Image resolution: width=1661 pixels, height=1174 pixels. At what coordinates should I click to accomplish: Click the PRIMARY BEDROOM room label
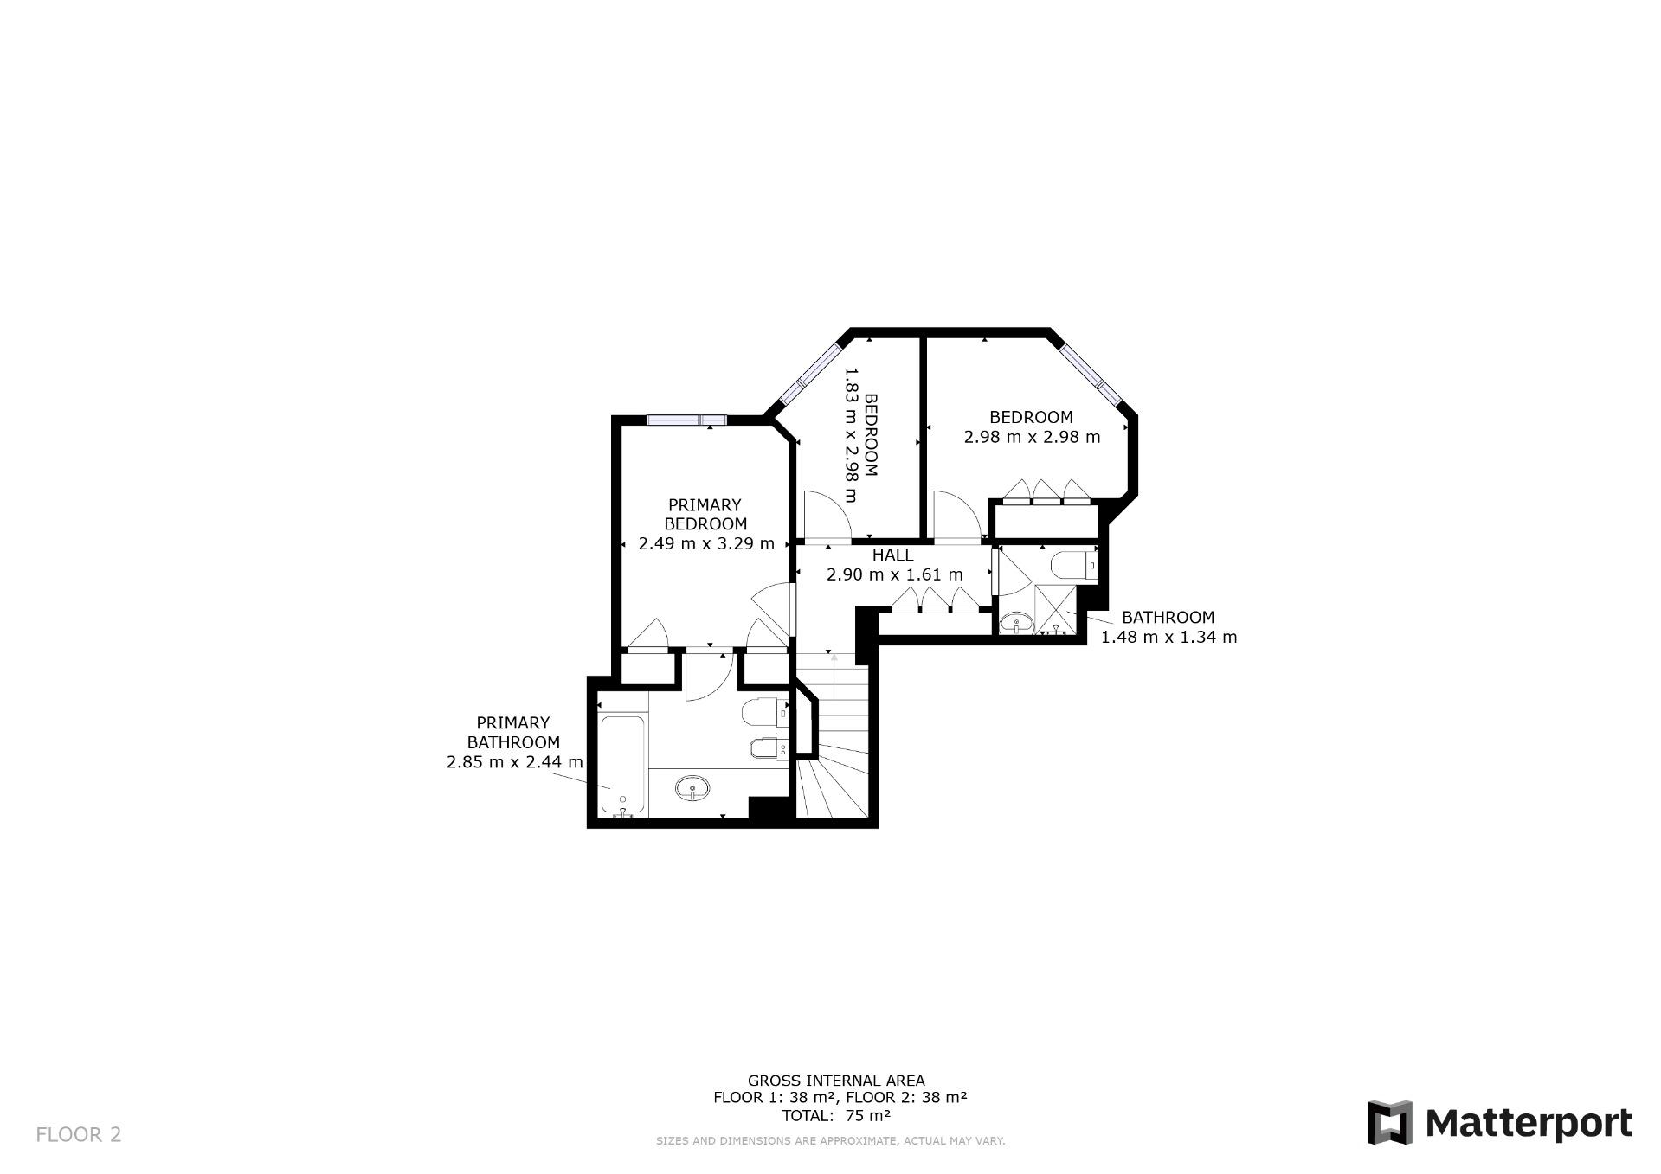(x=705, y=514)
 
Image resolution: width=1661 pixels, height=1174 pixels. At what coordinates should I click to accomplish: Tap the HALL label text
(x=892, y=555)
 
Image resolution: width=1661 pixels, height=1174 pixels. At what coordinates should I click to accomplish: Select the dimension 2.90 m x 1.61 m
(x=894, y=574)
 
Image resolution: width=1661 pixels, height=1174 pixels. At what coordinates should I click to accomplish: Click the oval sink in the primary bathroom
(x=692, y=788)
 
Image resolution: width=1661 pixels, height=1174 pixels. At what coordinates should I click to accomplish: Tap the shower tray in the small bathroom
(x=1055, y=611)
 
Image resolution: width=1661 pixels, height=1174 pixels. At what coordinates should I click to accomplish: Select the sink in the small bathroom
(x=1015, y=622)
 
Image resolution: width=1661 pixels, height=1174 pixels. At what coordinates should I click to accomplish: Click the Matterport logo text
(x=1529, y=1123)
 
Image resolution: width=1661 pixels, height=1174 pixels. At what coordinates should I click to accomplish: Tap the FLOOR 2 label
(x=79, y=1134)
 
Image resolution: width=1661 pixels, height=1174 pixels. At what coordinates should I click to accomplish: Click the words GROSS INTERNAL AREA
(x=836, y=1081)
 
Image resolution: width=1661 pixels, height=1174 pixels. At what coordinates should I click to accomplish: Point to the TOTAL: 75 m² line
(x=836, y=1116)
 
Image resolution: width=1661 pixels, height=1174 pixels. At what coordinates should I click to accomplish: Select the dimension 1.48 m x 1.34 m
(x=1168, y=638)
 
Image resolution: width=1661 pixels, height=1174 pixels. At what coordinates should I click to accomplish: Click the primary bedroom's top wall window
(x=686, y=420)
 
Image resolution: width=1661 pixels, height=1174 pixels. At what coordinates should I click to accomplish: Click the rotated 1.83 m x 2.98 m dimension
(x=861, y=434)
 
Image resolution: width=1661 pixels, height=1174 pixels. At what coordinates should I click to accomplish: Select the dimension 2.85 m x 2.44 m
(x=514, y=763)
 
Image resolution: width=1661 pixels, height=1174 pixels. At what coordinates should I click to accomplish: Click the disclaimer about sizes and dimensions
(x=830, y=1141)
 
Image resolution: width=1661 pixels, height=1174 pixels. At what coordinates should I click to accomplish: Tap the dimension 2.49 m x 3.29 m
(x=706, y=544)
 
